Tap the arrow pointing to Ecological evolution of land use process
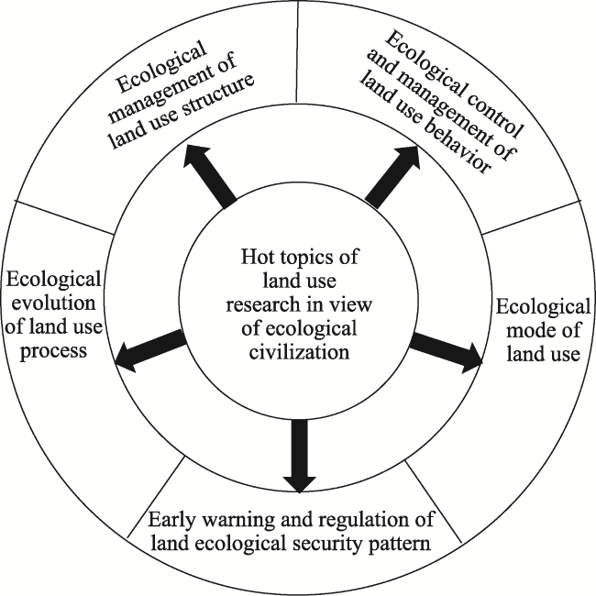pyautogui.click(x=150, y=351)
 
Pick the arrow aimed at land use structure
pyautogui.click(x=209, y=176)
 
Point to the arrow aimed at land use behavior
pyautogui.click(x=392, y=176)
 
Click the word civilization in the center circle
pyautogui.click(x=299, y=351)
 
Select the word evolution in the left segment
pyautogui.click(x=53, y=304)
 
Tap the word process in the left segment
pyautogui.click(x=53, y=351)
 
